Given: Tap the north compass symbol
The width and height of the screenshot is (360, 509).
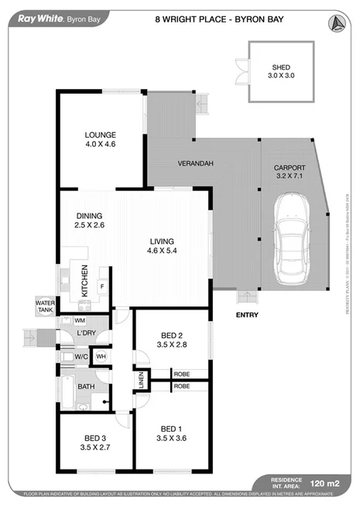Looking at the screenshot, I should [x=337, y=23].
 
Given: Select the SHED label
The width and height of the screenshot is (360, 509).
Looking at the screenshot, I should [x=279, y=68].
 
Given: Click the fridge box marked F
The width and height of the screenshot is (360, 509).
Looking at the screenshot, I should [x=101, y=285].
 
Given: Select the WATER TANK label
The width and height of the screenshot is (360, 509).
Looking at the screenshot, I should [x=44, y=306].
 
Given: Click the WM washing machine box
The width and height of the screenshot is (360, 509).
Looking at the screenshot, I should [x=79, y=320].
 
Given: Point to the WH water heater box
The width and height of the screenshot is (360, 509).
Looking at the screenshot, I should [x=100, y=356].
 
